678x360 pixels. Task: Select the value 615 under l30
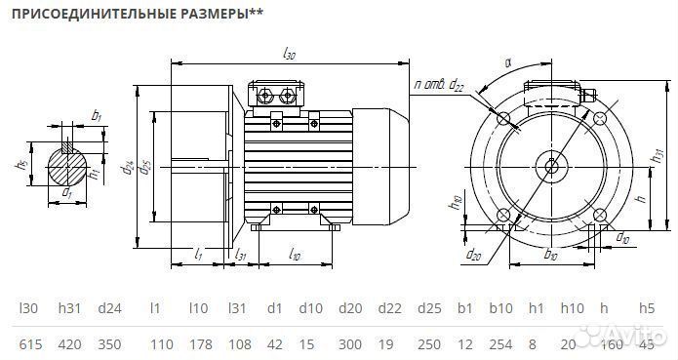coord(29,344)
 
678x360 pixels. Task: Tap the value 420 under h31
coord(69,344)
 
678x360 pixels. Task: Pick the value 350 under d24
coord(109,344)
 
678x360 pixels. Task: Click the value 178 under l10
coord(198,344)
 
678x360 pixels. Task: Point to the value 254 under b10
coord(501,344)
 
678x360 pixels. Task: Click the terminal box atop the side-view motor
coord(280,96)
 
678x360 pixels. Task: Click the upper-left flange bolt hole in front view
coord(504,118)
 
